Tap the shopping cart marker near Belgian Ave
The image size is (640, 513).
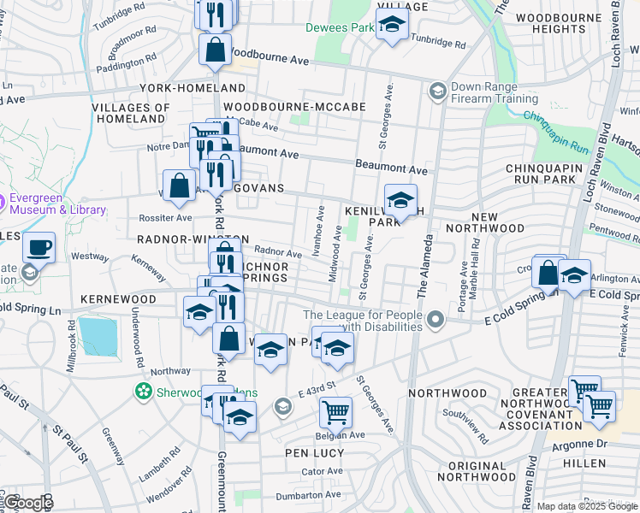click(x=335, y=412)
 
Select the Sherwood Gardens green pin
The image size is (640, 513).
click(x=144, y=392)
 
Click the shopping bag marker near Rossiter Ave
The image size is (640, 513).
click(x=179, y=186)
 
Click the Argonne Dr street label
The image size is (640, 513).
click(x=580, y=444)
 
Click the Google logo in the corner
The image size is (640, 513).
click(x=28, y=503)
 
